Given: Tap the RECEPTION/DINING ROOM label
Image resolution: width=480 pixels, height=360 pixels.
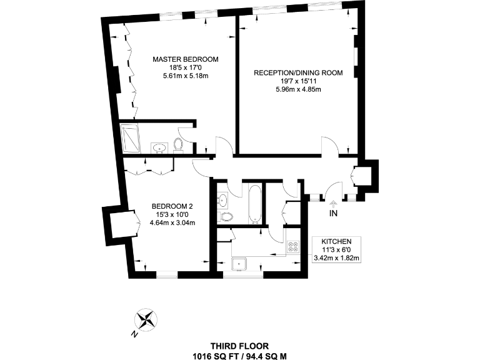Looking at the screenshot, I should pyautogui.click(x=298, y=73).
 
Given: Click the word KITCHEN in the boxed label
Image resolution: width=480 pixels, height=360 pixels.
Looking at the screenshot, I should pyautogui.click(x=336, y=241).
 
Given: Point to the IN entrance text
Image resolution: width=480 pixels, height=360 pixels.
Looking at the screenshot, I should pyautogui.click(x=332, y=213).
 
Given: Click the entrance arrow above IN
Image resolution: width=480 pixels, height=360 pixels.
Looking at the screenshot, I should pyautogui.click(x=332, y=202).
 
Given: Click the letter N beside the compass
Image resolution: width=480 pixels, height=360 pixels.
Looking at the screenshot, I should pyautogui.click(x=134, y=334).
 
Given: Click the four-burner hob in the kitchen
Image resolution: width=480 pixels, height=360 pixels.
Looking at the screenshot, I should pyautogui.click(x=294, y=246).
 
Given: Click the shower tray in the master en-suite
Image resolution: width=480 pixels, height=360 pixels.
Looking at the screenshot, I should pyautogui.click(x=131, y=138).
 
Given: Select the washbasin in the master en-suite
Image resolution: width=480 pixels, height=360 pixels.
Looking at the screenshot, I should pyautogui.click(x=160, y=147).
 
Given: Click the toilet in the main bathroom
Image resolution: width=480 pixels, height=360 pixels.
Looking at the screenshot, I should pyautogui.click(x=227, y=217).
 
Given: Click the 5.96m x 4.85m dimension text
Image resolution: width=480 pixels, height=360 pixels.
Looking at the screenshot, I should pyautogui.click(x=298, y=89).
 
